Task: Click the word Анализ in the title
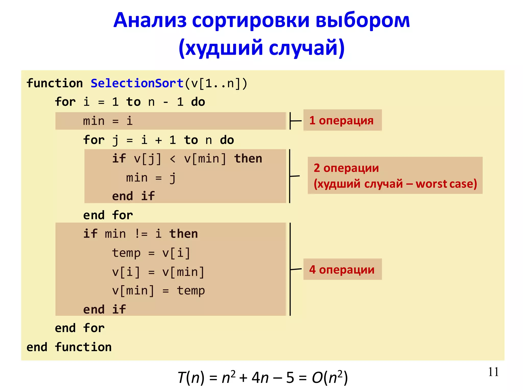[150, 20]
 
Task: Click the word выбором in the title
[363, 20]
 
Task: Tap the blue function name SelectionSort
[137, 83]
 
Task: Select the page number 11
[493, 372]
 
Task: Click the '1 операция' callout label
[342, 120]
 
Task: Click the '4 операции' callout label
[342, 269]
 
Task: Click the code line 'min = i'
[108, 121]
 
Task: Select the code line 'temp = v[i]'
[151, 253]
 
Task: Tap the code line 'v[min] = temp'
[158, 291]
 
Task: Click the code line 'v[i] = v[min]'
[158, 272]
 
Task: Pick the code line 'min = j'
[151, 178]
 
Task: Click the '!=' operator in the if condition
[141, 234]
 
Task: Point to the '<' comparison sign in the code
[173, 159]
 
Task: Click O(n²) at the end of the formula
[330, 378]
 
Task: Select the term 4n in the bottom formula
[260, 378]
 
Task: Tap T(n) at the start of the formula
[191, 378]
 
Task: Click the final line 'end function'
[69, 347]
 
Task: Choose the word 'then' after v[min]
[248, 159]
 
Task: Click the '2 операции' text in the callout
[346, 168]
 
